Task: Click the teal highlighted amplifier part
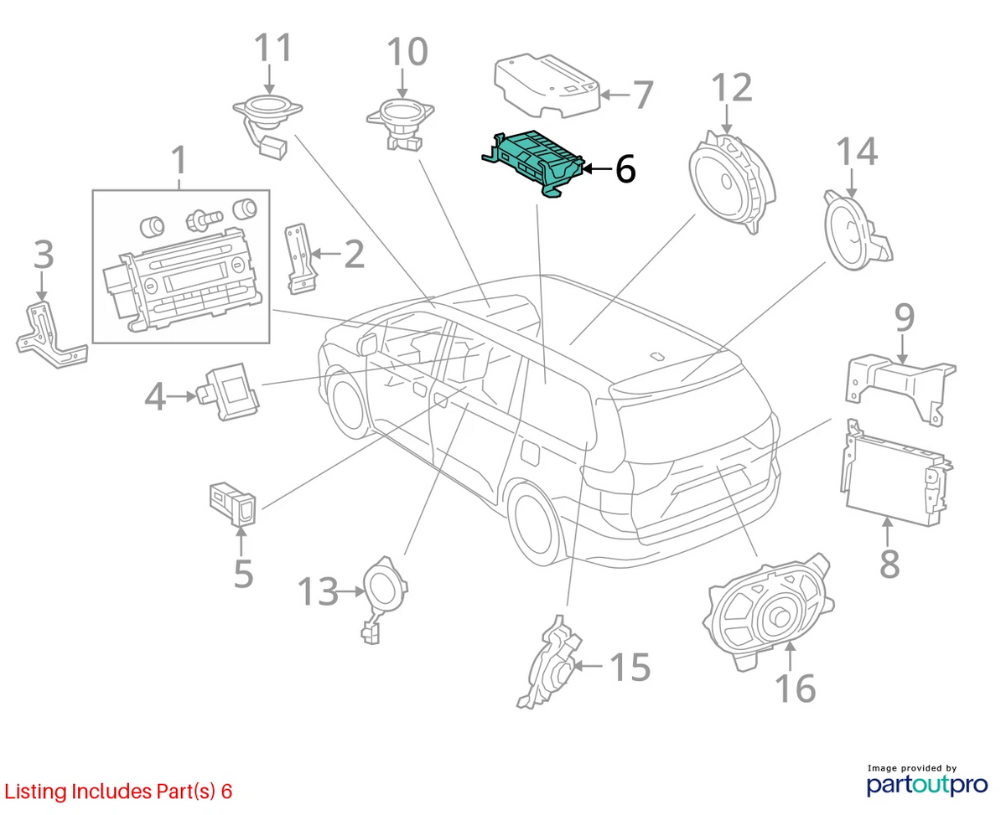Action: click(532, 162)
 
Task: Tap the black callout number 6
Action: click(625, 169)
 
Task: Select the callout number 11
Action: click(273, 47)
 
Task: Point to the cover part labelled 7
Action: click(547, 86)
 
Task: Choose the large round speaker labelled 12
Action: click(731, 182)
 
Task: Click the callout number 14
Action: click(858, 151)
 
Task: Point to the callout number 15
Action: click(630, 667)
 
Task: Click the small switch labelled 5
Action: click(233, 503)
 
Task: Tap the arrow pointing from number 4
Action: click(181, 396)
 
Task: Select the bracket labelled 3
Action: click(51, 334)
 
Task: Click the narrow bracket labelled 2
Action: click(300, 259)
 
